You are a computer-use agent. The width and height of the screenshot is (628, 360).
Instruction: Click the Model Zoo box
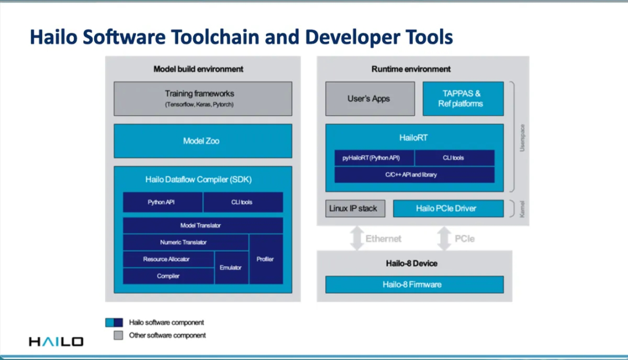202,141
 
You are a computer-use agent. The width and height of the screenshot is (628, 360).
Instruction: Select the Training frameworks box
202,98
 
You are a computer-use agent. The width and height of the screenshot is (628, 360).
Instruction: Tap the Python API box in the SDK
162,202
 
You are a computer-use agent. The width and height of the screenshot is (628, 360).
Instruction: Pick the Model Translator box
202,226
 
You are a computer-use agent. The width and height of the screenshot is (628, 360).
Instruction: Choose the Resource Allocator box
167,259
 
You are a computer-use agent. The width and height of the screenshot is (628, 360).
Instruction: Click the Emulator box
231,268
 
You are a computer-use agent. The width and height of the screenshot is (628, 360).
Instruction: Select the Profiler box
266,259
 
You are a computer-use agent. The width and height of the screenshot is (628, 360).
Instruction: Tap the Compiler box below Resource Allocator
167,276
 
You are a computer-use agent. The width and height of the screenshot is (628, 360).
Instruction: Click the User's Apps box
369,98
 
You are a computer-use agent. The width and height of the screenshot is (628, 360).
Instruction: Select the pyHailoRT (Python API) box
374,158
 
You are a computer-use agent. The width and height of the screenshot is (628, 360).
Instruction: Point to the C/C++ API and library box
414,174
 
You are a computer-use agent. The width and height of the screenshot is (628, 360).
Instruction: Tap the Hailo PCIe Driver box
448,208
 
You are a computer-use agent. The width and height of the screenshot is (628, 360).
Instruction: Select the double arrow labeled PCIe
444,238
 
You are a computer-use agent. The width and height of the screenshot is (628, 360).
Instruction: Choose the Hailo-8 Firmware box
413,284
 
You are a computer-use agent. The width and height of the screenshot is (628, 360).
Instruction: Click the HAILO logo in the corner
56,341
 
